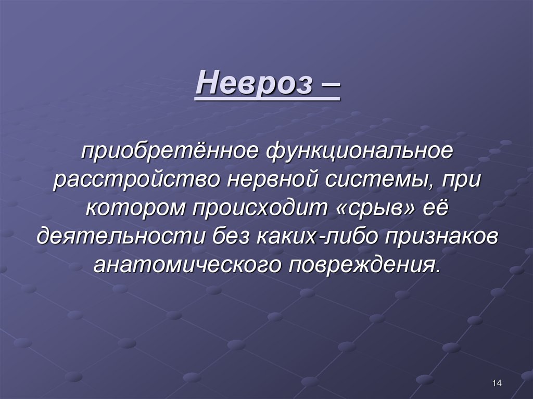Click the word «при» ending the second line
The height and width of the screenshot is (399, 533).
[x=463, y=182]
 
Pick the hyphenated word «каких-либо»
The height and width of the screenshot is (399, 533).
[x=317, y=237]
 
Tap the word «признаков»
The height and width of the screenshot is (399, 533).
[x=442, y=237]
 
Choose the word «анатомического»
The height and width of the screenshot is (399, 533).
[x=184, y=264]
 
